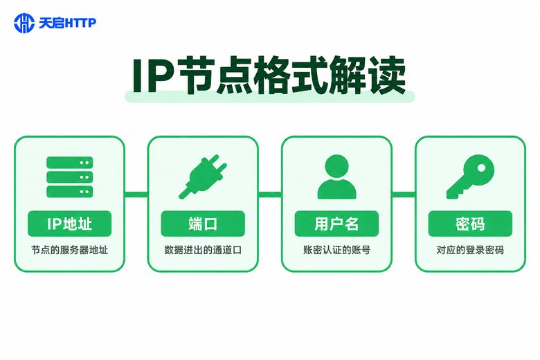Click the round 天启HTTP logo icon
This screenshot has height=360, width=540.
24,23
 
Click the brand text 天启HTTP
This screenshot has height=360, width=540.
68,23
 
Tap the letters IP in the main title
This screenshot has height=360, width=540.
152,76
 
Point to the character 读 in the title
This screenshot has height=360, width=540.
388,75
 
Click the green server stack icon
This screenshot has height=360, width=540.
69,177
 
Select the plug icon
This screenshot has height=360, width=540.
203,177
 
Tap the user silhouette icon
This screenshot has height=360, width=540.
336,177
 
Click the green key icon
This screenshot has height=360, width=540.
470,177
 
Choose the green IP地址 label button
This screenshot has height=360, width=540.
69,224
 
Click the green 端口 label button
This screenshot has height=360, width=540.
203,224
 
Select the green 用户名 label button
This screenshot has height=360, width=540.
336,224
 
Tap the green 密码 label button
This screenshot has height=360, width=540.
470,224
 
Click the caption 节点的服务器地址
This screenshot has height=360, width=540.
69,250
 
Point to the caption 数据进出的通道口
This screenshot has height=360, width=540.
203,250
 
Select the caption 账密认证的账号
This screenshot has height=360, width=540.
336,250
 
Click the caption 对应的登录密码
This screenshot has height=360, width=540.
470,250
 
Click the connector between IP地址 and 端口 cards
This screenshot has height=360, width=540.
136,195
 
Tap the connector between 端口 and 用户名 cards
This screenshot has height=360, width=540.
270,195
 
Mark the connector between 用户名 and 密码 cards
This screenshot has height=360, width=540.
404,195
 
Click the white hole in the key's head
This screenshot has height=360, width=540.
481,168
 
